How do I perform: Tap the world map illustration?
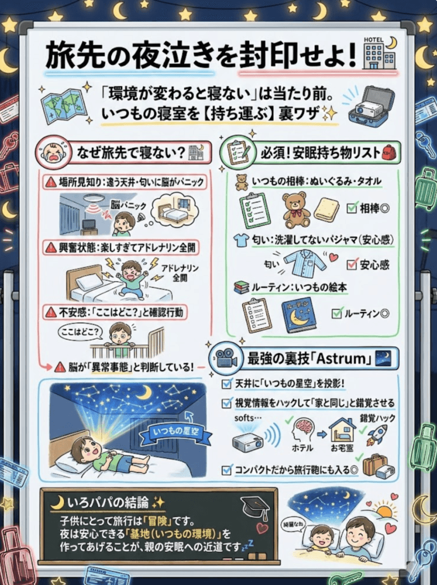(64, 105)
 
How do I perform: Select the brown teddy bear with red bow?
(296, 210)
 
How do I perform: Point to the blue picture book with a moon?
(299, 315)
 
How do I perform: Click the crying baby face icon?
(53, 153)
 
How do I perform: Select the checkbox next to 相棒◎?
(352, 207)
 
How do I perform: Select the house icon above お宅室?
(342, 429)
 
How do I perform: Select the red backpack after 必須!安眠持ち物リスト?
(388, 153)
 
